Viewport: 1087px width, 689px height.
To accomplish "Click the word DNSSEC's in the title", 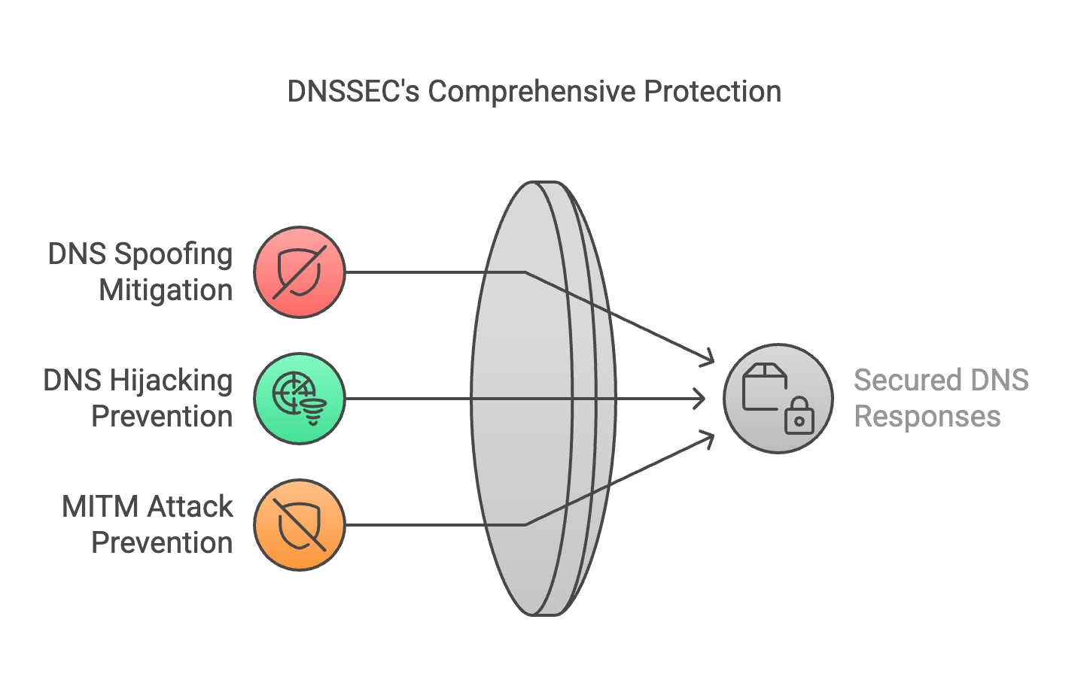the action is [x=353, y=92].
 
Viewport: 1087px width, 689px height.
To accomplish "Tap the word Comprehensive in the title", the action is [x=532, y=93].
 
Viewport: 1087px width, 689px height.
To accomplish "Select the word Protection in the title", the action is [x=713, y=92].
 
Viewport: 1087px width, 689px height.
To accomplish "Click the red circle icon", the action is [x=300, y=272].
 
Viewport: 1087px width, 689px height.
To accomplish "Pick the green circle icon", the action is [x=300, y=399].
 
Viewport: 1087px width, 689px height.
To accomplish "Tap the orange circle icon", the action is [x=300, y=525].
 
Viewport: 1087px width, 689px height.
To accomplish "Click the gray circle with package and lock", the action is [x=778, y=399].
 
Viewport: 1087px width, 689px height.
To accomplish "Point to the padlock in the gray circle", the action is [x=799, y=415].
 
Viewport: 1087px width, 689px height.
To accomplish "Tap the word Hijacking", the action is [x=172, y=381].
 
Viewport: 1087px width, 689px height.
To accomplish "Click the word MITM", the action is [x=100, y=507].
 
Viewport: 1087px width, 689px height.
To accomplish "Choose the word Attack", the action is [x=190, y=507].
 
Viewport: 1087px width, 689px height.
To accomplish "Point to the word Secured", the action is [x=907, y=380].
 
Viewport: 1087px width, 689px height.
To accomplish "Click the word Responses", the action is [x=927, y=417].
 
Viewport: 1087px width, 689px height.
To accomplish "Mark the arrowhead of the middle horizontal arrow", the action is [x=699, y=399].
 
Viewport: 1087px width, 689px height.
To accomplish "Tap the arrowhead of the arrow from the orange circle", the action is [x=708, y=439].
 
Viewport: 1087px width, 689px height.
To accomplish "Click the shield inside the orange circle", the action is [x=300, y=526].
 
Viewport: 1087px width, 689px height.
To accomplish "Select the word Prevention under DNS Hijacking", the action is [x=162, y=417].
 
